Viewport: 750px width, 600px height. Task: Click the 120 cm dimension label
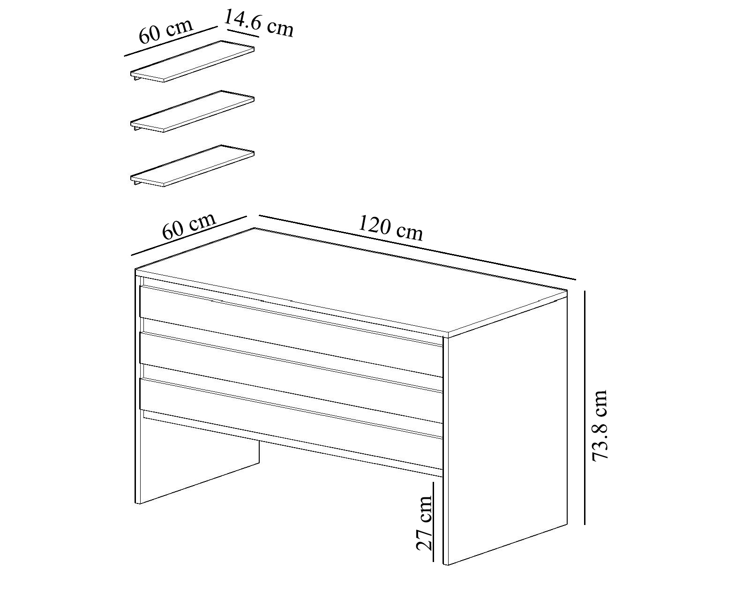390,229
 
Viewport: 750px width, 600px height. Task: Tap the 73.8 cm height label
600,426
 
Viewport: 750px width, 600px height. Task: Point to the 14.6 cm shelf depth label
258,23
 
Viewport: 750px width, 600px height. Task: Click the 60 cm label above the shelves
165,31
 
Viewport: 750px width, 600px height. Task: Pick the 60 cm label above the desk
189,226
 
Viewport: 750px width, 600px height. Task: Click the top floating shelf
192,61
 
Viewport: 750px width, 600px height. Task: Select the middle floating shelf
192,112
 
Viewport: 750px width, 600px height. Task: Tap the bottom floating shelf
192,165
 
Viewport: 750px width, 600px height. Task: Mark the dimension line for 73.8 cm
585,407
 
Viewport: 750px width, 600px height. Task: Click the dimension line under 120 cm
418,247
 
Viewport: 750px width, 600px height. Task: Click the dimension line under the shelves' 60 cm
171,41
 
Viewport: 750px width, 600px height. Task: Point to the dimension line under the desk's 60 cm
189,236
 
